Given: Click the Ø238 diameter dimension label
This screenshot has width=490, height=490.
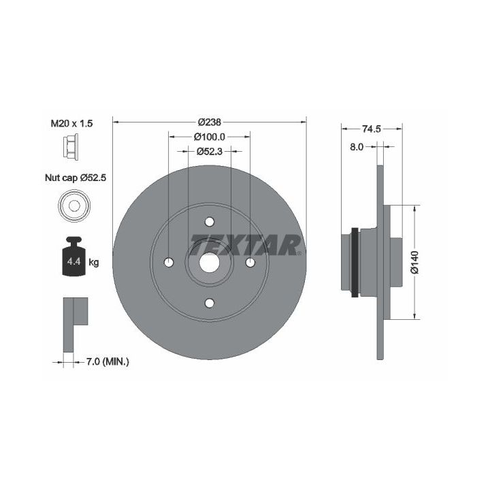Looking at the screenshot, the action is pyautogui.click(x=210, y=122).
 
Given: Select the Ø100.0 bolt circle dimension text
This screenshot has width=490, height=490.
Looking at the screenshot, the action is pyautogui.click(x=210, y=137).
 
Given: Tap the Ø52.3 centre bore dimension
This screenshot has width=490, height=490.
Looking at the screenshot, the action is pyautogui.click(x=210, y=151).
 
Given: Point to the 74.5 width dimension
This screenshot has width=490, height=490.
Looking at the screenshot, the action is pyautogui.click(x=372, y=129).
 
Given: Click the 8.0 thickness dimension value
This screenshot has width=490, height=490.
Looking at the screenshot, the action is pyautogui.click(x=357, y=147).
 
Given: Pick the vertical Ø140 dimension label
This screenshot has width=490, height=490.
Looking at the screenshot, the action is pyautogui.click(x=414, y=262).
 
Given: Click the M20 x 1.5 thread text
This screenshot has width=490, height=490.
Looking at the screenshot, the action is pyautogui.click(x=71, y=123).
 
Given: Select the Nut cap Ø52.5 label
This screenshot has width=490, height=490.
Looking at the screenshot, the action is pyautogui.click(x=76, y=178).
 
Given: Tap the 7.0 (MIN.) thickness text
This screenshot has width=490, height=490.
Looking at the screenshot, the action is pyautogui.click(x=108, y=362).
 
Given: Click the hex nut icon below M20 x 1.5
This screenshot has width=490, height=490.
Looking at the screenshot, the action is pyautogui.click(x=71, y=146).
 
